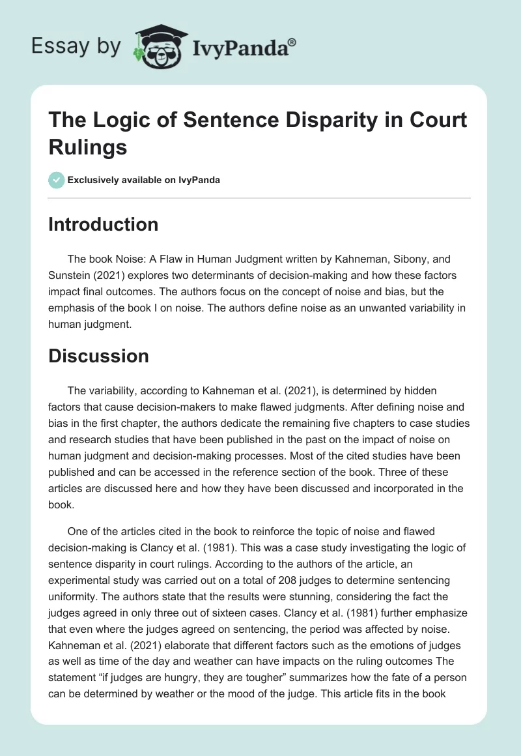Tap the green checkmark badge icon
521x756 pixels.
[57, 180]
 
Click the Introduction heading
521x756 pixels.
[104, 224]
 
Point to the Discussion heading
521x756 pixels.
[99, 356]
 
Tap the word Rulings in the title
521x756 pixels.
[87, 147]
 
